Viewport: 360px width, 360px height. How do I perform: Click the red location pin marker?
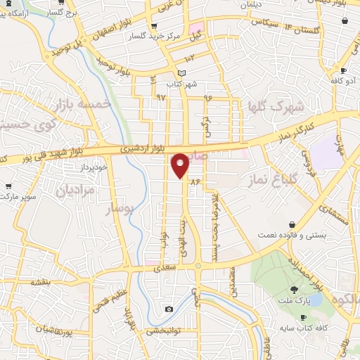[181, 165]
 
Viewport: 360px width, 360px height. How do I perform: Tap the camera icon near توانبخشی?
[169, 309]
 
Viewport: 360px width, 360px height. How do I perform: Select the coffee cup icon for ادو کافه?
[344, 71]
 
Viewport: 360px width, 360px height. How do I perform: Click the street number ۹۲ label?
[161, 96]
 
